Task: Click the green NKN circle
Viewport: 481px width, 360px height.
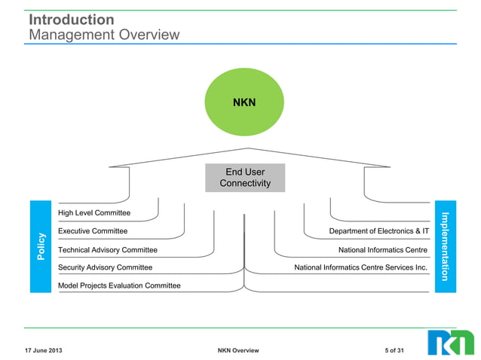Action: pyautogui.click(x=244, y=102)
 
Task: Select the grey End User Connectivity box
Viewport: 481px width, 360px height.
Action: pyautogui.click(x=245, y=178)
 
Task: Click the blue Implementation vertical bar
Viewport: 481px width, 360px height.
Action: pyautogui.click(x=445, y=246)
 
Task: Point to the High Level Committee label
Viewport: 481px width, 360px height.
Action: pyautogui.click(x=94, y=213)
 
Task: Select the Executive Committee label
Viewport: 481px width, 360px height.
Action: pyautogui.click(x=93, y=231)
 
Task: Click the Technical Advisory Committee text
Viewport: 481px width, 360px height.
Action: pyautogui.click(x=108, y=249)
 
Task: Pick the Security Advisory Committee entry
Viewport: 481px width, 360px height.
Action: pyautogui.click(x=105, y=267)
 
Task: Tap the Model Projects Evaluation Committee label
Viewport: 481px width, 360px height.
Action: pyautogui.click(x=119, y=285)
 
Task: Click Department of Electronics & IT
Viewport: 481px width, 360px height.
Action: pyautogui.click(x=379, y=231)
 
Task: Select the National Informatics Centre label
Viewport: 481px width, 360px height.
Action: pyautogui.click(x=383, y=249)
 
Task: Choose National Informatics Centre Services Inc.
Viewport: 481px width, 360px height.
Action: pyautogui.click(x=361, y=267)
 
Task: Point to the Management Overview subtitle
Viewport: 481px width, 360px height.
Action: pyautogui.click(x=104, y=35)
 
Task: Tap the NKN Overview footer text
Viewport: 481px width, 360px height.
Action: pyautogui.click(x=237, y=351)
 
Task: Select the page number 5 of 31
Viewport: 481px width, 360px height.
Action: pyautogui.click(x=394, y=351)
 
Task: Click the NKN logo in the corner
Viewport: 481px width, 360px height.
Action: pyautogui.click(x=451, y=342)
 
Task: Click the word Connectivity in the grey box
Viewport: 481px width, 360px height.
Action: pyautogui.click(x=245, y=184)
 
